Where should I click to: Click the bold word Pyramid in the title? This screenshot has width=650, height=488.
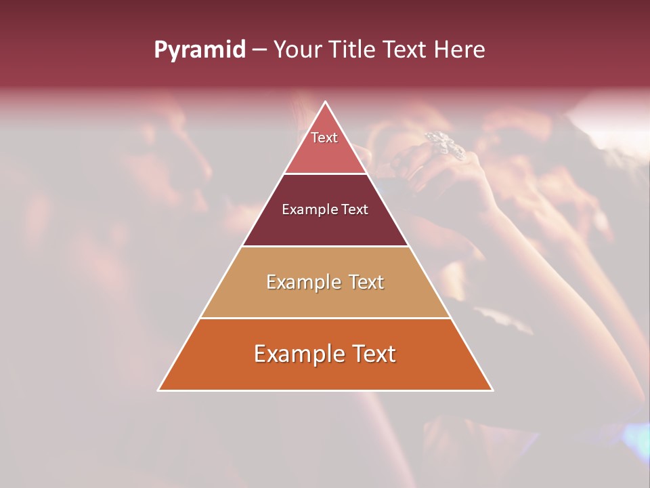200,50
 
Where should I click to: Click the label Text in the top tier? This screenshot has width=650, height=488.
324,138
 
